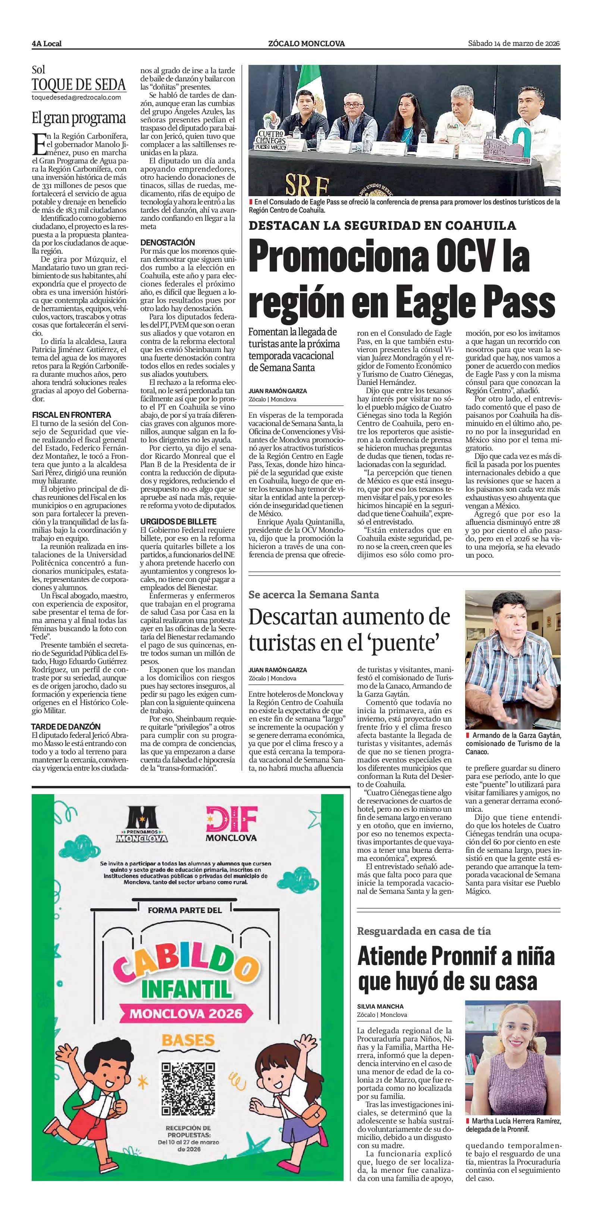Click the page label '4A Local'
coord(47,44)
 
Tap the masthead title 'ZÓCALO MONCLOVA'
coord(306,44)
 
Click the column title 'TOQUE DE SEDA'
coord(79,85)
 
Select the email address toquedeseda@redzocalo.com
coord(76,97)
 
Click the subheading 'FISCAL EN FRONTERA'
coord(71,415)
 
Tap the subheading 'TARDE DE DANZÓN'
coord(66,726)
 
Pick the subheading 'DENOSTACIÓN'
coord(167,242)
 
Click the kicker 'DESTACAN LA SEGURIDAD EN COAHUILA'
coord(382,225)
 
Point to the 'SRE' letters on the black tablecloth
coord(306,185)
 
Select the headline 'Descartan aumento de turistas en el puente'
coord(349,630)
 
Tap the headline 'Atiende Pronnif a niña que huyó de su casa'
coord(455,974)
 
